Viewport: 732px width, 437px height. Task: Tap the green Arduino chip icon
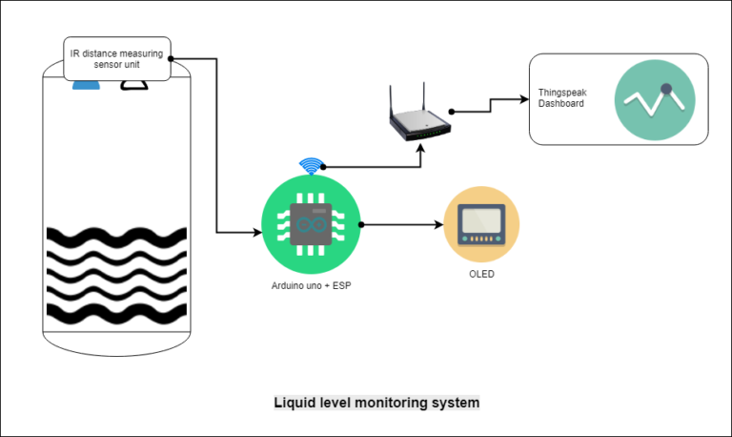pyautogui.click(x=311, y=225)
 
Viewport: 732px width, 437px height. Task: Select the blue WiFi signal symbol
pyautogui.click(x=310, y=167)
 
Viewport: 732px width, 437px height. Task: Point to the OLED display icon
pyautogui.click(x=482, y=224)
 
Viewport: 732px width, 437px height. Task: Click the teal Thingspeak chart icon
pyautogui.click(x=655, y=97)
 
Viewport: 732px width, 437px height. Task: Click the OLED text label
pyautogui.click(x=482, y=274)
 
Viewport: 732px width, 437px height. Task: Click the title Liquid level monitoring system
pyautogui.click(x=376, y=403)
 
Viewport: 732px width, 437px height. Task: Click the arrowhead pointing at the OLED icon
pyautogui.click(x=439, y=225)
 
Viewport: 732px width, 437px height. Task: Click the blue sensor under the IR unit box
pyautogui.click(x=87, y=85)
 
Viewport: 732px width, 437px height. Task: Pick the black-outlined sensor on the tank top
pyautogui.click(x=133, y=86)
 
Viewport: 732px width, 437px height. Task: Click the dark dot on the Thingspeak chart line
pyautogui.click(x=667, y=90)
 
